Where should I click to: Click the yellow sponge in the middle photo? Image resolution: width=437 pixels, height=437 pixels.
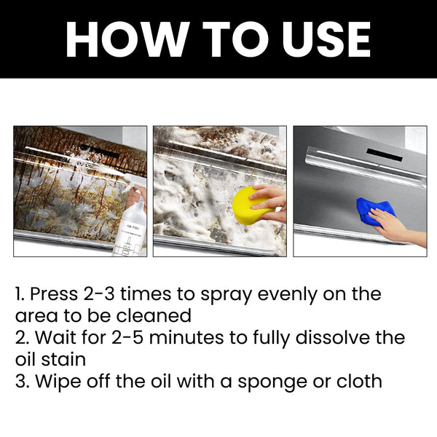pyautogui.click(x=248, y=205)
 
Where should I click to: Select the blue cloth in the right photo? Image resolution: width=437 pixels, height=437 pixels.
pyautogui.click(x=374, y=211)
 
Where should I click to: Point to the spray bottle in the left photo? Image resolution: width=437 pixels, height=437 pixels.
pyautogui.click(x=130, y=226)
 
